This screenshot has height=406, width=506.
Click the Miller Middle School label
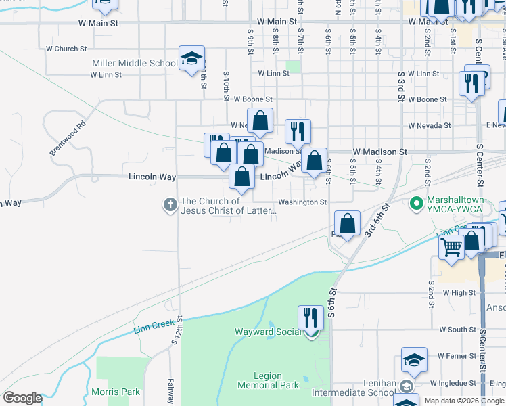click(x=135, y=64)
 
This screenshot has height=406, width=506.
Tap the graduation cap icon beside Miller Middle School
click(x=191, y=59)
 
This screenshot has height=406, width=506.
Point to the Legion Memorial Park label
click(x=268, y=380)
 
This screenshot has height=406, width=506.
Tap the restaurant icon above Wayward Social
click(x=310, y=317)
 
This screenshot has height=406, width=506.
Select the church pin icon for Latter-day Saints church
click(x=170, y=203)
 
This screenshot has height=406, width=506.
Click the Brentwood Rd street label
click(x=69, y=138)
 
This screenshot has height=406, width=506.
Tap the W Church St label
click(x=66, y=49)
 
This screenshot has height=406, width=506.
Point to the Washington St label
click(x=302, y=202)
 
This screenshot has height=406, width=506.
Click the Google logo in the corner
click(x=22, y=397)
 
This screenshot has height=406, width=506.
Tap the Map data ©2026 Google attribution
click(x=464, y=401)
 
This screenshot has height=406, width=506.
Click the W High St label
click(x=459, y=292)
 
